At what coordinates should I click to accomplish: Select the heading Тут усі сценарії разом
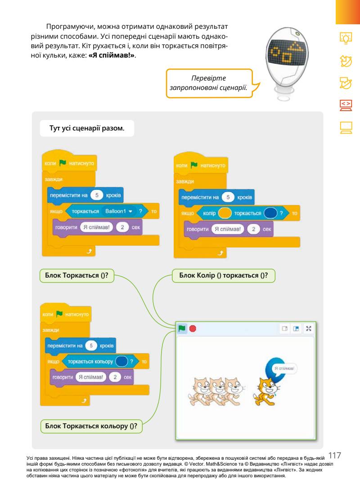coord(86,128)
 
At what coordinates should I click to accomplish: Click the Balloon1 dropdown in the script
coord(119,210)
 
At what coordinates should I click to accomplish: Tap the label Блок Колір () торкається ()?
coord(224,276)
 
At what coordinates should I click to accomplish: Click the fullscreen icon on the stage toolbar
coord(309,329)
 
